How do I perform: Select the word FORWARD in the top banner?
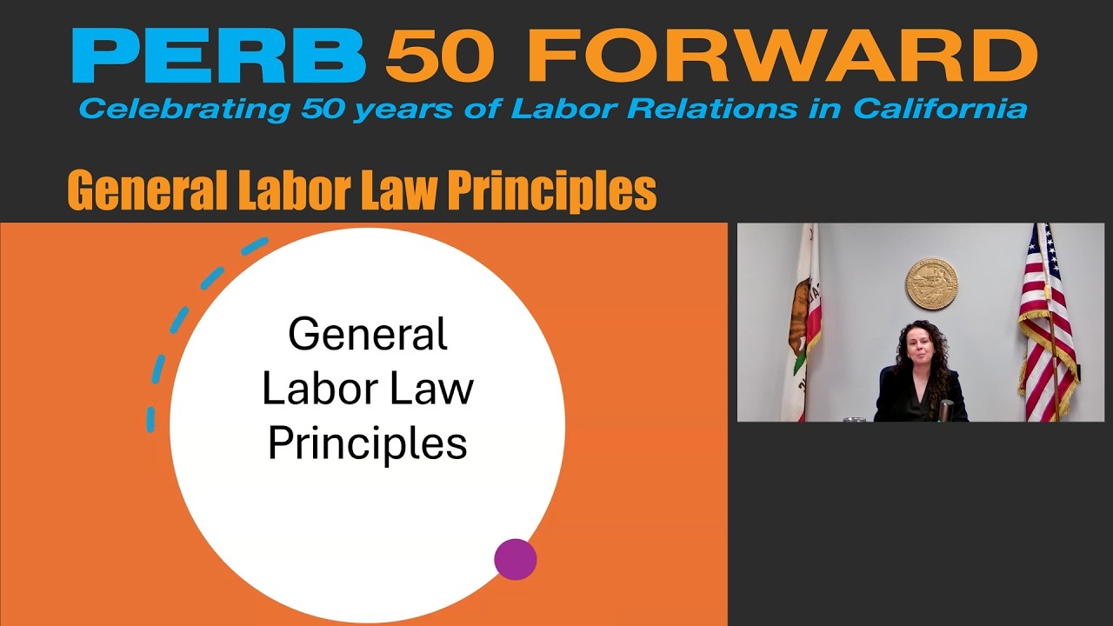pos(782,57)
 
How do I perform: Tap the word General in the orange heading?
pos(140,190)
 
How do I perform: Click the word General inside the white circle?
pos(368,334)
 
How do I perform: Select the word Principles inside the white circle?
pos(368,443)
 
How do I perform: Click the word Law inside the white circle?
pos(437,388)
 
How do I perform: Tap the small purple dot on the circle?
pos(515,559)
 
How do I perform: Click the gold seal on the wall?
pos(931,283)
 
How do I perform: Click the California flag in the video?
pos(803,322)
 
